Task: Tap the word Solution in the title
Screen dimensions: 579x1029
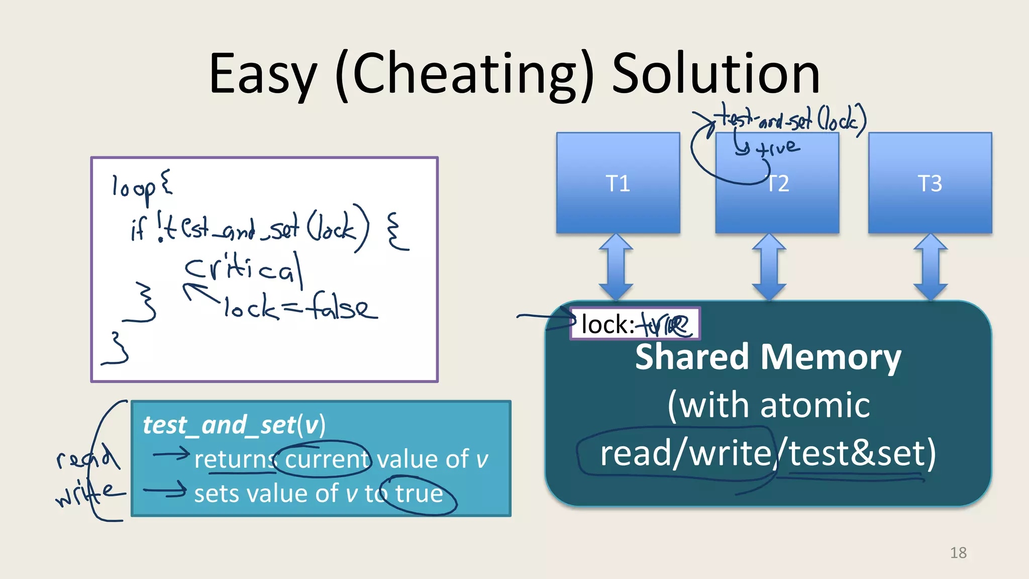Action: tap(715, 74)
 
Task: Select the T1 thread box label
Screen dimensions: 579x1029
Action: tap(618, 183)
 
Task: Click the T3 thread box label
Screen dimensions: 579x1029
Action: tap(930, 183)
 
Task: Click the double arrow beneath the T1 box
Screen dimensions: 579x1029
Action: tap(616, 267)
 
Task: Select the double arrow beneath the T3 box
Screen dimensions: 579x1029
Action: tap(930, 267)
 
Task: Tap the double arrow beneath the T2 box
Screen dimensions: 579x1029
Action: tap(769, 267)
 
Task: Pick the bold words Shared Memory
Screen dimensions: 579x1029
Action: tap(768, 357)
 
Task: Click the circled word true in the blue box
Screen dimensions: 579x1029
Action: tap(419, 494)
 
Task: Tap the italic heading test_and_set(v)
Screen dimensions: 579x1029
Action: tap(234, 425)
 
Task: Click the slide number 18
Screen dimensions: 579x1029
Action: tap(958, 553)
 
